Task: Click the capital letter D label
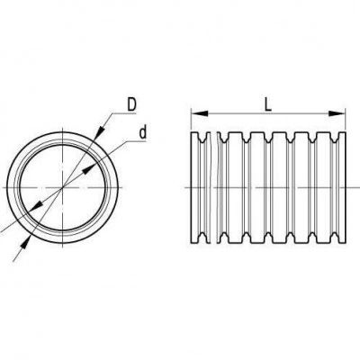click(131, 104)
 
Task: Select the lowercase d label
click(143, 132)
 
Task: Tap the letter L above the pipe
click(268, 105)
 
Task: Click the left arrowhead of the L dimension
click(200, 113)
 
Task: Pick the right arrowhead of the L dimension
click(337, 113)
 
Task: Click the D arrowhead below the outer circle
click(25, 242)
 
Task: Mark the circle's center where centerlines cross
click(62, 187)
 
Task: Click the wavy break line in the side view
click(211, 187)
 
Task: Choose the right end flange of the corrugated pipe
click(342, 187)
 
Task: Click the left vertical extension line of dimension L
click(191, 120)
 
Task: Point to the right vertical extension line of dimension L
click(346, 120)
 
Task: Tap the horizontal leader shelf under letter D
click(124, 113)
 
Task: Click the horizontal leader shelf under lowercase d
click(136, 140)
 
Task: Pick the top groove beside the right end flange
click(334, 138)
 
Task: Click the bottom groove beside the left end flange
click(203, 238)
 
